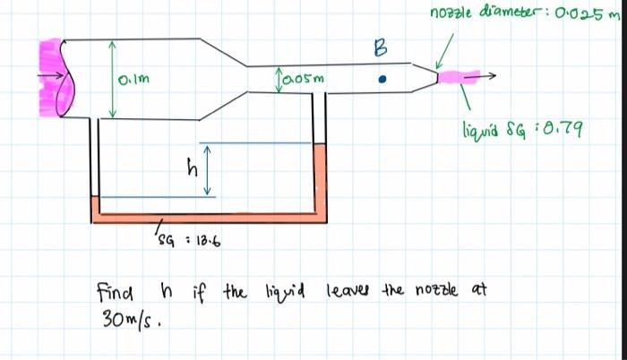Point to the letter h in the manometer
pos(189,167)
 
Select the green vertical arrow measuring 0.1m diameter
pos(112,78)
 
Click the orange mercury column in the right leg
pos(322,179)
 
